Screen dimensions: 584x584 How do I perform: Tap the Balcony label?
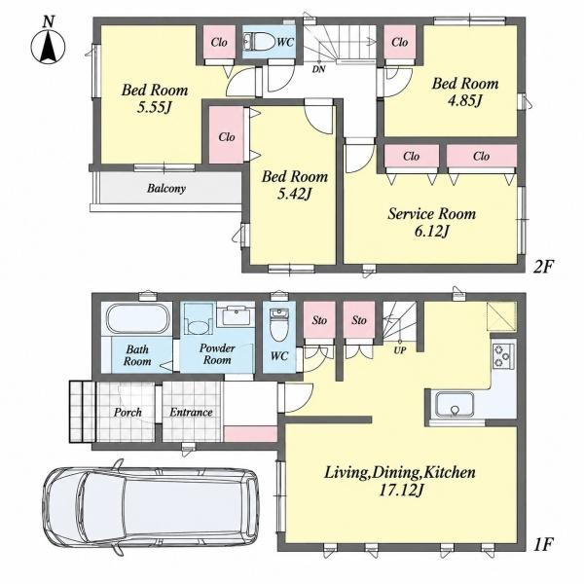coord(166,189)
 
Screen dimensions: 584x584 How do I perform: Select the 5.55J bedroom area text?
coord(154,108)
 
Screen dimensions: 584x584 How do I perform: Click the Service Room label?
coord(431,214)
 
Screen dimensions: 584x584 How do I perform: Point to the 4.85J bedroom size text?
coord(464,100)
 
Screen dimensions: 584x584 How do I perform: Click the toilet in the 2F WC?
coord(257,41)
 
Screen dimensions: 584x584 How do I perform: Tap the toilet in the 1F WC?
coord(277,324)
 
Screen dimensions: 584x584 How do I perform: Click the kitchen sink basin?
coord(455,405)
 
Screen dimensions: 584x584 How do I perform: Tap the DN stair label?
coord(318,69)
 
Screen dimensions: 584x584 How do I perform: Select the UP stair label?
coord(400,350)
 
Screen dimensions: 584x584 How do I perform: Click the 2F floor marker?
coord(543,267)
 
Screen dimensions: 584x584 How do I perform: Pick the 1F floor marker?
coord(542,545)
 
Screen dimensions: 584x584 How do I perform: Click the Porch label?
coord(128,413)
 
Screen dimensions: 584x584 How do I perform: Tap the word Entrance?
coord(191,412)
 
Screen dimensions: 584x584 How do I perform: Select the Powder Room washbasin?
coord(236,315)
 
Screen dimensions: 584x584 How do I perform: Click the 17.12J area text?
coord(401,491)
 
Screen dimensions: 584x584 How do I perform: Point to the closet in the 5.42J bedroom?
coord(227,135)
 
